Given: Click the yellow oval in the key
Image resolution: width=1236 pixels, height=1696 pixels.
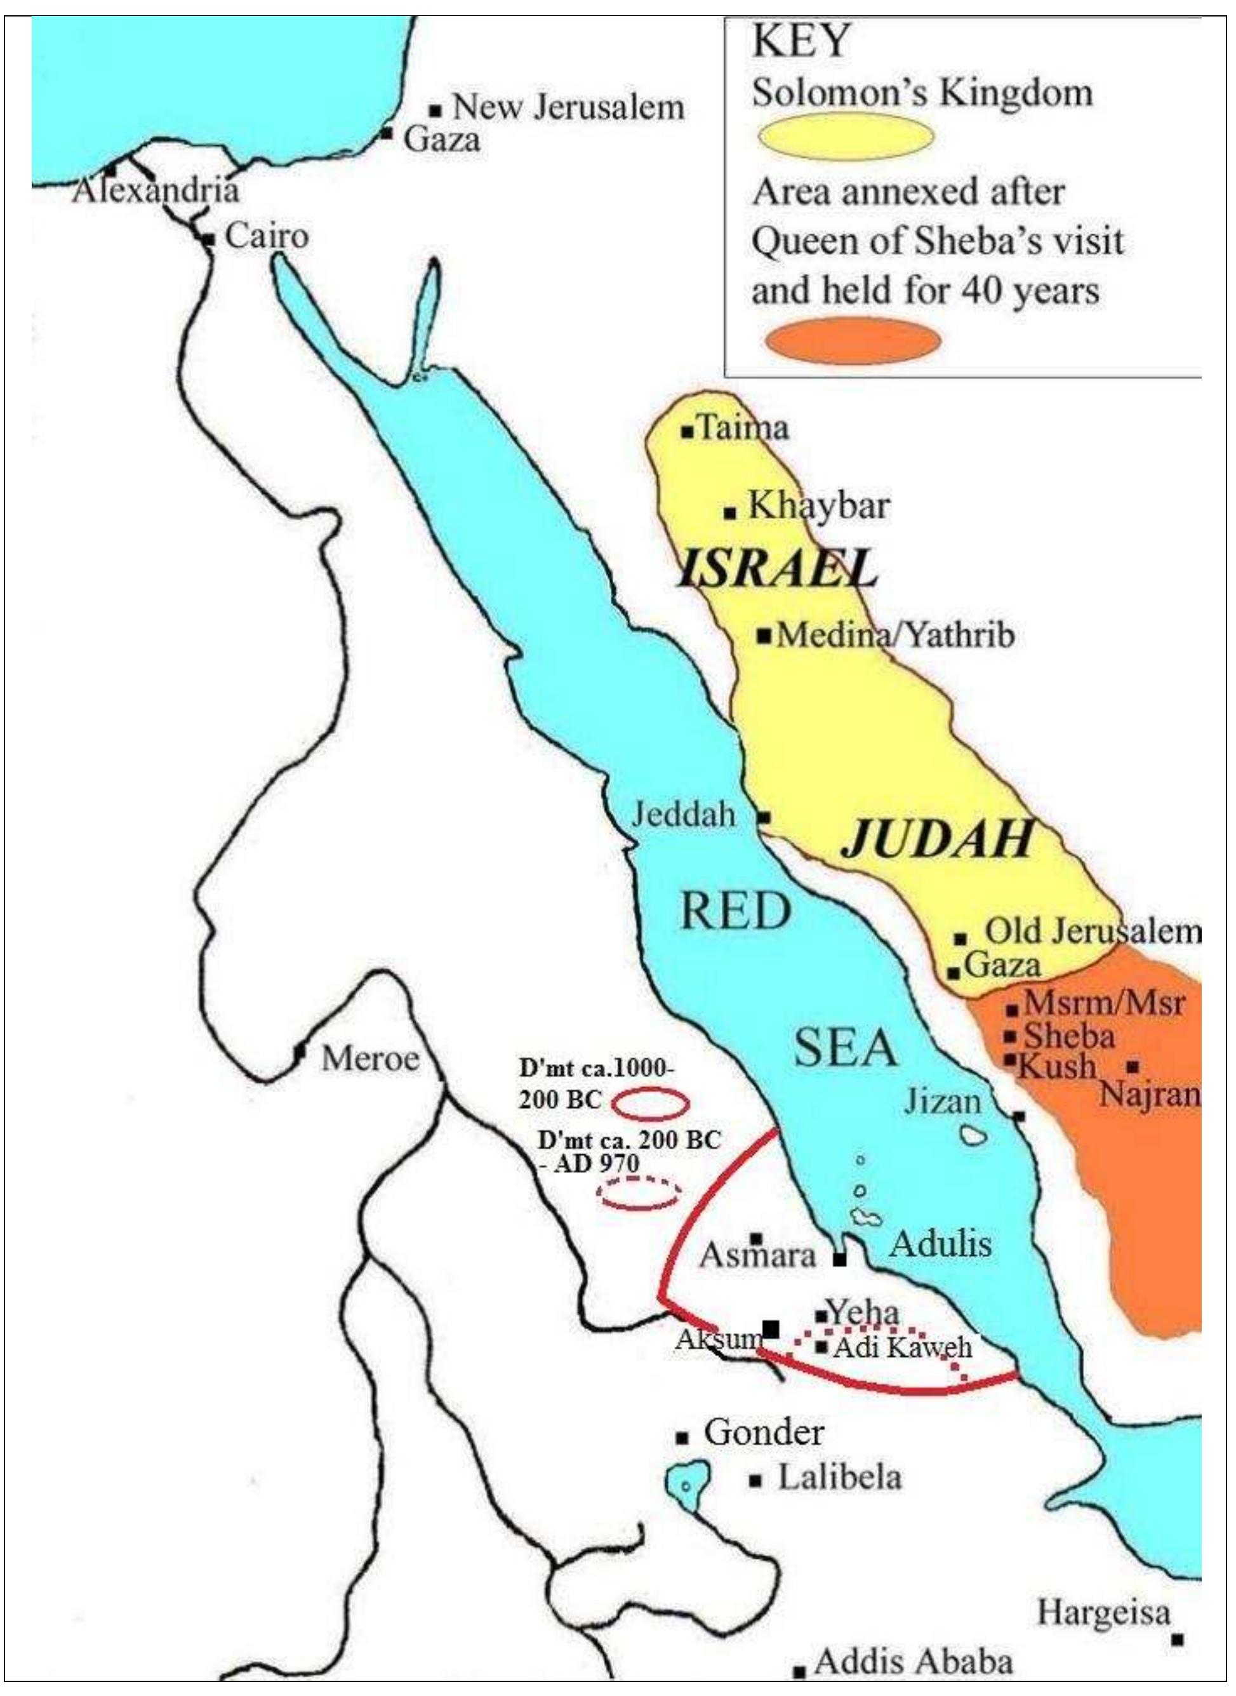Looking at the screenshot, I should (x=846, y=137).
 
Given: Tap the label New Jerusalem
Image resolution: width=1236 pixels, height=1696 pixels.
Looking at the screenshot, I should (x=568, y=107).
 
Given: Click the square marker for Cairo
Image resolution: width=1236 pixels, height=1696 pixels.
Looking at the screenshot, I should (x=209, y=239).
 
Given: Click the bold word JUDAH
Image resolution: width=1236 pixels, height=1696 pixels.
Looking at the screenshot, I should (x=938, y=838).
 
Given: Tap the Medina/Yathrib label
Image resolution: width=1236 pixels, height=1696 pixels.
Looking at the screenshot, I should (x=896, y=636).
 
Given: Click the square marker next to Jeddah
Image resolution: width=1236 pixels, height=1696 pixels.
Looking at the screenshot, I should (x=763, y=817).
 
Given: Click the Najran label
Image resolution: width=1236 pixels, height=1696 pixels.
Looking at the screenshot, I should (x=1150, y=1095).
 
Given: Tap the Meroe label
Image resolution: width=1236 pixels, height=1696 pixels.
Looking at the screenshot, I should (x=369, y=1058).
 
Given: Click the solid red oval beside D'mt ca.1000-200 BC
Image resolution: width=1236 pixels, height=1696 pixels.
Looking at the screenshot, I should (x=650, y=1102).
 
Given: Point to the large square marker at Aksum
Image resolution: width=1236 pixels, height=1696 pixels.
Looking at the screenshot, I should (x=770, y=1329).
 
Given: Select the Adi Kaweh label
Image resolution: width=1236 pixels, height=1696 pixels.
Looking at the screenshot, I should (x=901, y=1347).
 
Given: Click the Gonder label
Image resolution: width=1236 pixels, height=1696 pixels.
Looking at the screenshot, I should (x=763, y=1432).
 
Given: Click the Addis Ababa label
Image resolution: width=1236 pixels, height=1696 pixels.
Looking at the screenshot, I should (x=913, y=1662).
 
